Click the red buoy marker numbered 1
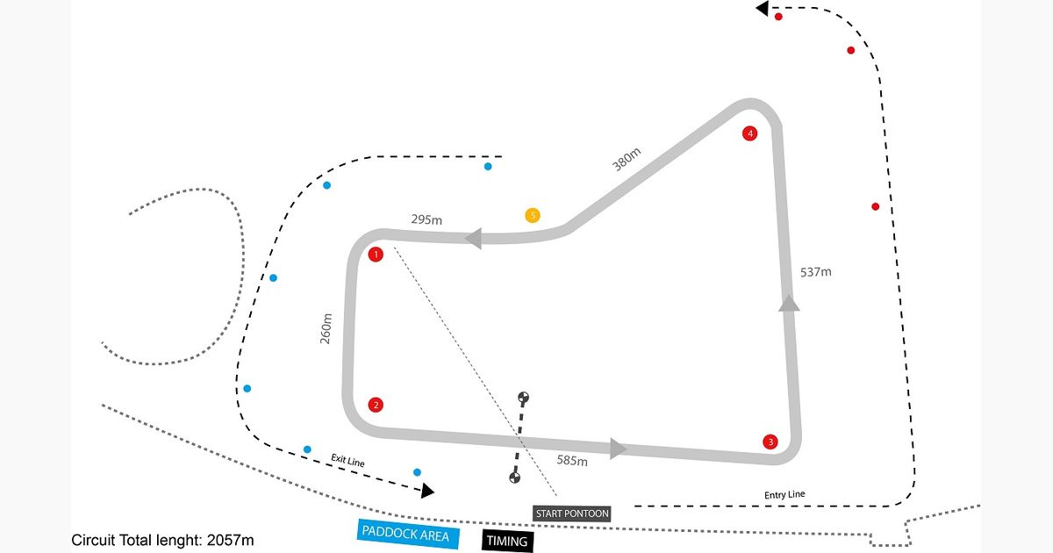click(x=376, y=255)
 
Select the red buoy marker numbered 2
click(x=376, y=405)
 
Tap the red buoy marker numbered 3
click(x=770, y=442)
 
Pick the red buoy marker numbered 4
click(x=749, y=133)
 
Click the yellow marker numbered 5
click(x=533, y=215)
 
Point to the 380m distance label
click(x=627, y=160)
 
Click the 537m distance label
click(x=815, y=272)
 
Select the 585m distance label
click(x=572, y=460)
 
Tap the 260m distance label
click(x=326, y=328)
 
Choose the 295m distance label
click(x=426, y=219)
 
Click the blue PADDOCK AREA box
click(x=407, y=535)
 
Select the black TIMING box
click(x=508, y=542)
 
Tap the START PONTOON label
click(x=572, y=513)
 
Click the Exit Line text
click(x=347, y=460)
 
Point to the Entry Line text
click(x=784, y=495)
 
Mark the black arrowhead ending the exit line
click(x=427, y=491)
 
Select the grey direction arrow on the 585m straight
click(x=618, y=449)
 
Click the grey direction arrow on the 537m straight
click(x=789, y=303)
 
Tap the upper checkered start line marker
click(x=523, y=398)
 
